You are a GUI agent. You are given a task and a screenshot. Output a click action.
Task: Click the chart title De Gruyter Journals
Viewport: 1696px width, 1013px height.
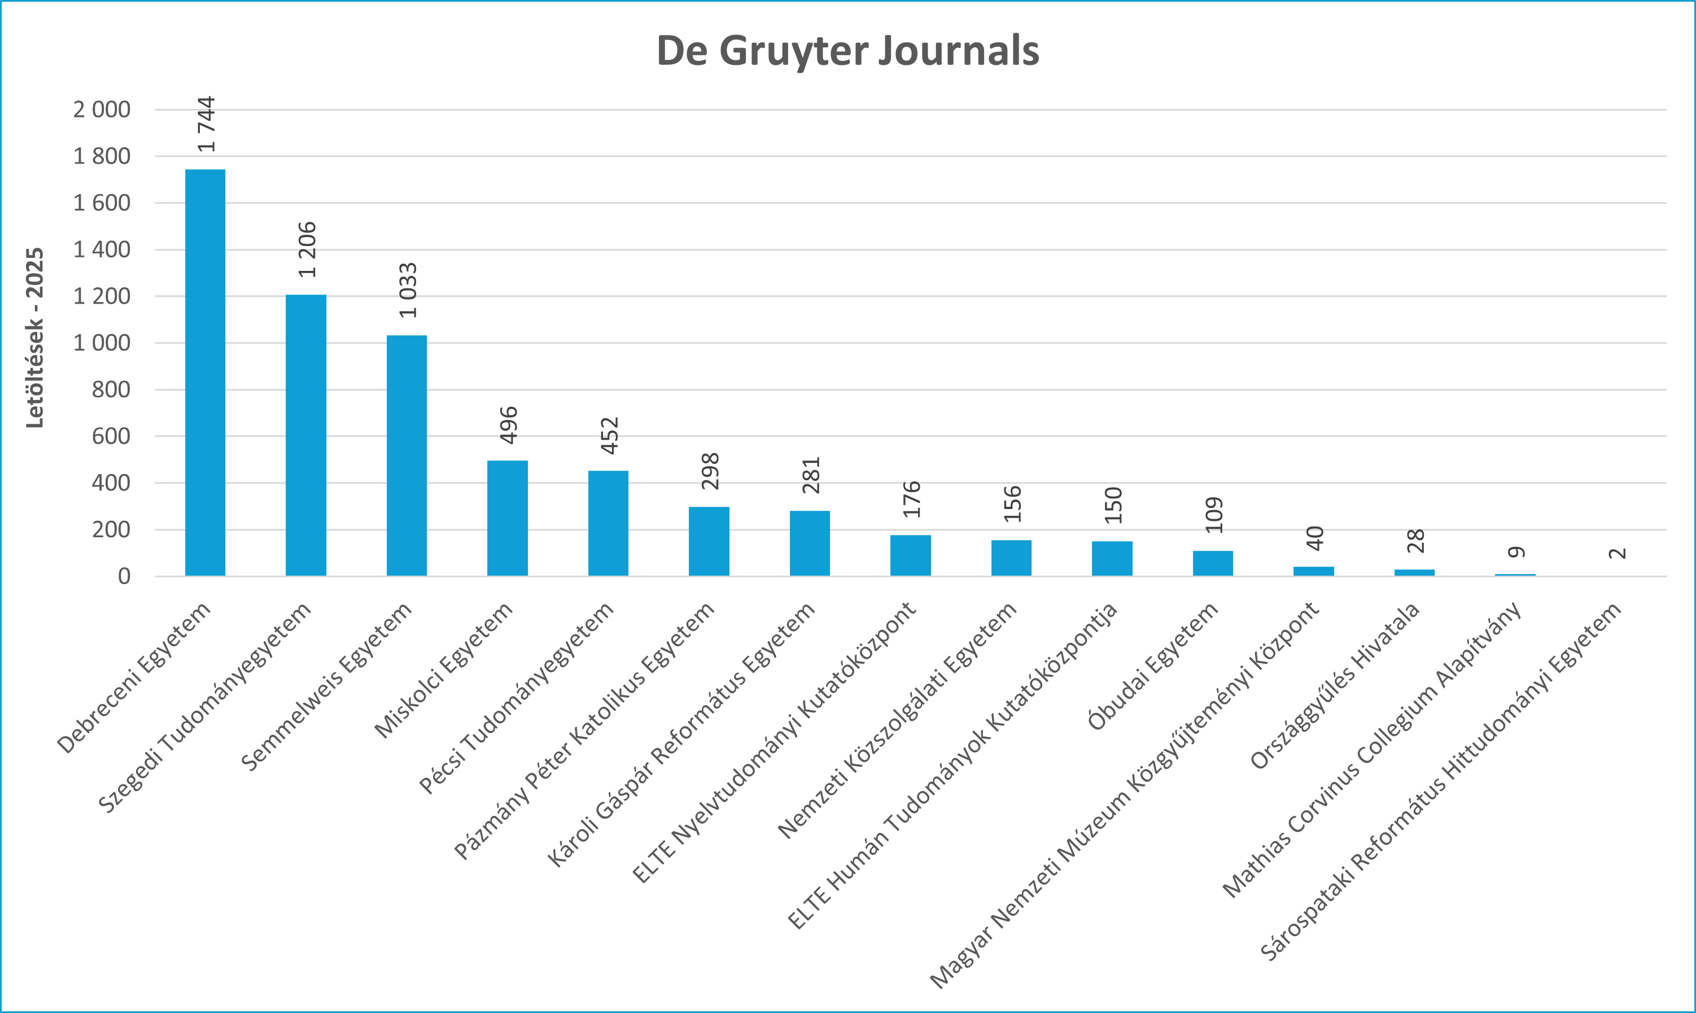[x=847, y=51]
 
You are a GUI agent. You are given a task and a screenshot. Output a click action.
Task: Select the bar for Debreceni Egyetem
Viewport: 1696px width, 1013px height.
[x=205, y=372]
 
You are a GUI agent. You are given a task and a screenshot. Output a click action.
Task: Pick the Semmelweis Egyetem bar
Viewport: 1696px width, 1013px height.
[x=407, y=455]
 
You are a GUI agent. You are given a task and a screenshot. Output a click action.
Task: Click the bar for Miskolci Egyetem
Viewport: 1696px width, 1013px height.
[x=508, y=518]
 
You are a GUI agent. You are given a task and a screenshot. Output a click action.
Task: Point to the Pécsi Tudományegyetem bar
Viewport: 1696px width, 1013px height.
[x=609, y=523]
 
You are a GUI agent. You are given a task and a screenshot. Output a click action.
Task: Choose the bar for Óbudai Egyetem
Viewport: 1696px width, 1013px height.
[x=1213, y=563]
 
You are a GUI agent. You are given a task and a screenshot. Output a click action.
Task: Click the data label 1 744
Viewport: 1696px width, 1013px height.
[x=206, y=124]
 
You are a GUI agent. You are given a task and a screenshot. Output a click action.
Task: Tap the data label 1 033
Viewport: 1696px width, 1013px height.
[x=408, y=290]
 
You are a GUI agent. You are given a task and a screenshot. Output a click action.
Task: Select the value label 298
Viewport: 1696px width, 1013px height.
[x=710, y=471]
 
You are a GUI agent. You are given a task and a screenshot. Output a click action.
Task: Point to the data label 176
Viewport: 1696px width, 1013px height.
[x=911, y=499]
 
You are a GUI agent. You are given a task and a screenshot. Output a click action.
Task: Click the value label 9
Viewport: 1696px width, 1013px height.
[x=1516, y=551]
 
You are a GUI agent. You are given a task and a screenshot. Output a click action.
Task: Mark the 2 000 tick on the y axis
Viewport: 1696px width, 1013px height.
[x=102, y=109]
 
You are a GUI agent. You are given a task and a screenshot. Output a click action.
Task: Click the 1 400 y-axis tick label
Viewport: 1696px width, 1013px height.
[x=102, y=250]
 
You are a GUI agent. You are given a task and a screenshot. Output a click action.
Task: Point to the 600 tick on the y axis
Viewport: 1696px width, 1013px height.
[x=111, y=436]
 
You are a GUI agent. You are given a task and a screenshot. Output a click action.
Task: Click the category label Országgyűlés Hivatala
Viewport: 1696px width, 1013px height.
[x=1335, y=686]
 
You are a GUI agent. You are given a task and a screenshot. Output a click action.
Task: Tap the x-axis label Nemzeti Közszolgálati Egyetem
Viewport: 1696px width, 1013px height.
[x=897, y=721]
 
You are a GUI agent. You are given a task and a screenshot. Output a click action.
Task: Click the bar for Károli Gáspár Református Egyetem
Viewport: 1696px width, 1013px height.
[x=810, y=543]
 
